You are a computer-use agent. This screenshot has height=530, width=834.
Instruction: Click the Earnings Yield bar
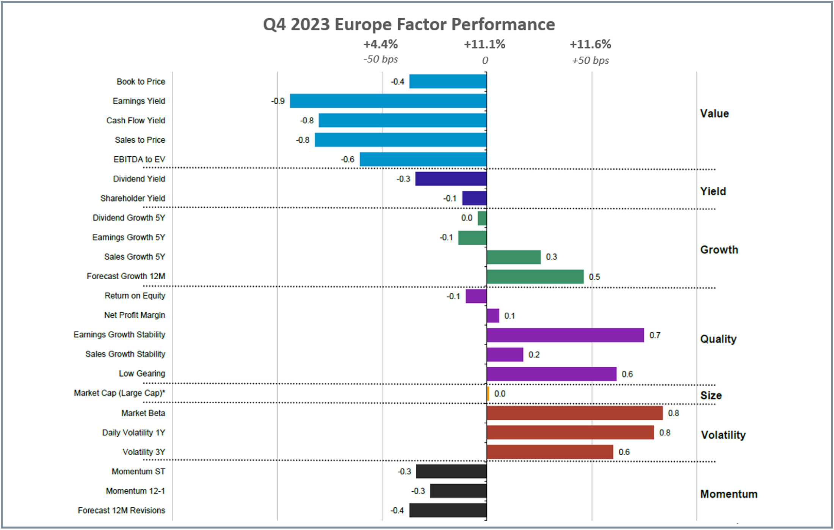(388, 101)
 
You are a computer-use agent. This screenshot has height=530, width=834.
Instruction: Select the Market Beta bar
(574, 413)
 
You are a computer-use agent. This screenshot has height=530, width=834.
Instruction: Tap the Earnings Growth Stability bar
(565, 335)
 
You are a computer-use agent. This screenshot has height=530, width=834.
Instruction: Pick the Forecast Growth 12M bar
(535, 277)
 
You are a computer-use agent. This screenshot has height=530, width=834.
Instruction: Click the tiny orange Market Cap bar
(488, 393)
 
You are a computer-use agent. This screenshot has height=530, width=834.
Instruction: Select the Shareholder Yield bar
(474, 198)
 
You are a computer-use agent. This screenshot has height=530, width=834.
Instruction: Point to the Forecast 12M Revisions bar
(448, 510)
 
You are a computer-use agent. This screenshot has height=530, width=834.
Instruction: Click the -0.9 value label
(278, 101)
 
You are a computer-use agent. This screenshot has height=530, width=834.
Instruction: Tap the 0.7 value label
(655, 335)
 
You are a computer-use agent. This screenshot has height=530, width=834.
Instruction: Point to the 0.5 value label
(594, 277)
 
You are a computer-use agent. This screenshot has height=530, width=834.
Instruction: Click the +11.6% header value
(590, 44)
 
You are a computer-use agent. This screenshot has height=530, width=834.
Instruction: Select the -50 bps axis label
(381, 60)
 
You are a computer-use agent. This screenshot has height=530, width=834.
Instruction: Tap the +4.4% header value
(381, 44)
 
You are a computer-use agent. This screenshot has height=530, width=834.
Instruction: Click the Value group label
(714, 113)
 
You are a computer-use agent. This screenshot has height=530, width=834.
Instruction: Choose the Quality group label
(718, 339)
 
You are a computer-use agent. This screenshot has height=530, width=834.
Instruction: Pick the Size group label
(711, 395)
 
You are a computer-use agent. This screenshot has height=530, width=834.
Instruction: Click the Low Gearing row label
(142, 374)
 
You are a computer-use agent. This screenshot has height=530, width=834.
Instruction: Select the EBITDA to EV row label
(139, 159)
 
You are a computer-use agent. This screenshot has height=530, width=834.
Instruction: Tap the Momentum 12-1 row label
(135, 491)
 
